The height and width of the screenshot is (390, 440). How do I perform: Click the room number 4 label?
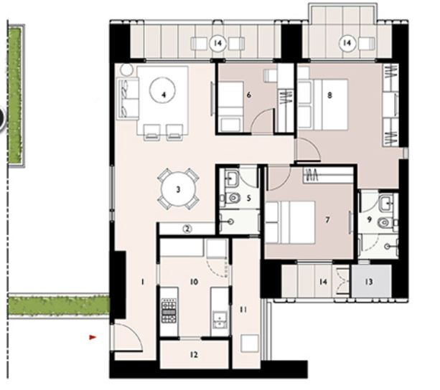164,93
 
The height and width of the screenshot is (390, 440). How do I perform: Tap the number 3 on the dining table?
177,190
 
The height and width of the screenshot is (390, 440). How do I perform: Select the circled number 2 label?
187,229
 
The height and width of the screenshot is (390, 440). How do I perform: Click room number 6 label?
248,94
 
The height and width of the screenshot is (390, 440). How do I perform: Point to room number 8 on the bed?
329,94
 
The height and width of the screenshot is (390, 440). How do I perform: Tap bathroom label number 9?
370,221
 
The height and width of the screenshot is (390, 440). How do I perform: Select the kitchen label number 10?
193,282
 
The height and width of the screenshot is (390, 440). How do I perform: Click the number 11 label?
243,309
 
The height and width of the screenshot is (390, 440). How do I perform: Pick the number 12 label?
194,355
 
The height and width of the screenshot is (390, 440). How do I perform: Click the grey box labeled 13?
369,282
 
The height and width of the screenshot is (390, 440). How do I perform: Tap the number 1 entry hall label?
142,282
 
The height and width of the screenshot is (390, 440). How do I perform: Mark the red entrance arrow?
92,336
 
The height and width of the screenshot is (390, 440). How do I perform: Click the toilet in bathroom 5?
233,197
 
